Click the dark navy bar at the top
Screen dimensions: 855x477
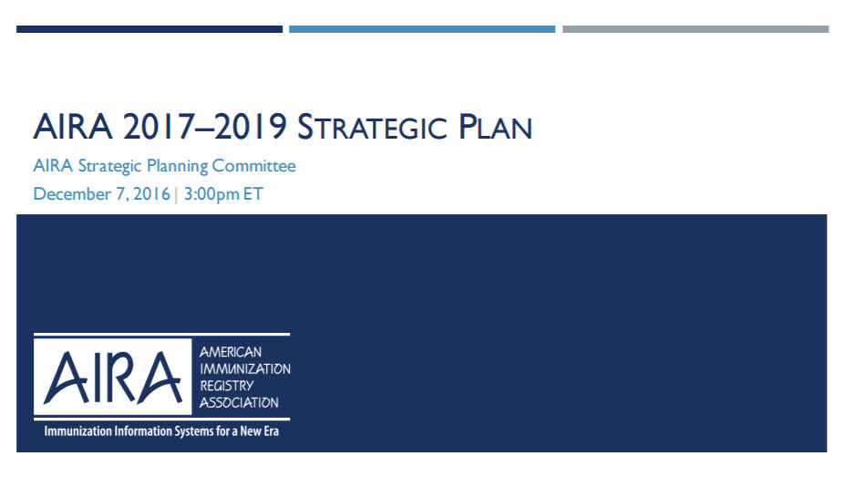149,29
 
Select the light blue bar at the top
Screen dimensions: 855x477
422,29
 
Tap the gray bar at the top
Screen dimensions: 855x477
695,29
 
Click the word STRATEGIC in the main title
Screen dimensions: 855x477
372,127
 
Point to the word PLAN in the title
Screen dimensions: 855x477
495,127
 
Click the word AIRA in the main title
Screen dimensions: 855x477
73,127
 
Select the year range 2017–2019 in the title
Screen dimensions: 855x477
205,127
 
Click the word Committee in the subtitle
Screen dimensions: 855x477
253,165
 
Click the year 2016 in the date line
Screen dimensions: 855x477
151,193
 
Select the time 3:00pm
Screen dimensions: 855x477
211,194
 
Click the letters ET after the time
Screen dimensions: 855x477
253,193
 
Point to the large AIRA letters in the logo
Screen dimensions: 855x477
112,377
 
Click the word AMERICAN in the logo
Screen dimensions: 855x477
230,352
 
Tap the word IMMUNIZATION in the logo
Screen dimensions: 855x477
245,369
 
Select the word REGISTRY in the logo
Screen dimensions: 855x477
226,386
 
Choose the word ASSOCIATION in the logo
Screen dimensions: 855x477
239,403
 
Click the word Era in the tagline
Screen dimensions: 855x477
272,431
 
